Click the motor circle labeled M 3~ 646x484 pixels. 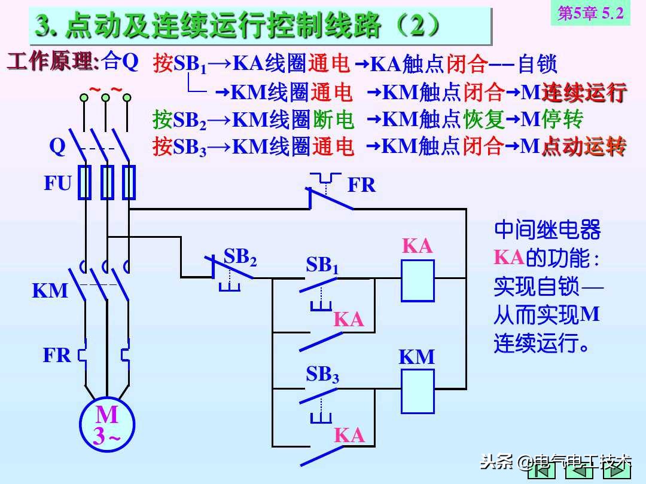point(106,425)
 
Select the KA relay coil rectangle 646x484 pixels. point(418,280)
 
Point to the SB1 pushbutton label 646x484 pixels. point(322,265)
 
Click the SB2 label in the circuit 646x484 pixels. point(240,257)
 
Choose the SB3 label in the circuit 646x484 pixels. point(322,375)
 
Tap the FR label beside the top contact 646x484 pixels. point(361,186)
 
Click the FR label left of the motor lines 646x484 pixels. point(57,356)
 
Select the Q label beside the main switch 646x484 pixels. point(57,146)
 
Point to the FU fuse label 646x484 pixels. point(57,183)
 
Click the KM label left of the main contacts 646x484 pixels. point(50,291)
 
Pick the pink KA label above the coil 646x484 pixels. point(417,246)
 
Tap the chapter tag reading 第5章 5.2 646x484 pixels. point(590,13)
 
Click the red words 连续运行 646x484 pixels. point(584,93)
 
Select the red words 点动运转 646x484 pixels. point(584,147)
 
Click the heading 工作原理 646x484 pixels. point(53,62)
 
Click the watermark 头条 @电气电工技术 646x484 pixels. point(556,461)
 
